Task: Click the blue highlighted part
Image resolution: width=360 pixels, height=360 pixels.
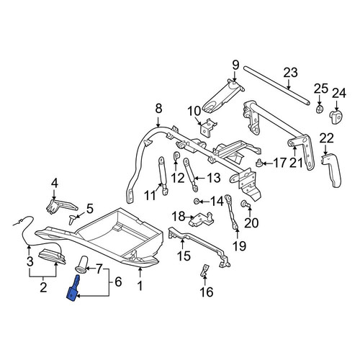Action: pyautogui.click(x=73, y=291)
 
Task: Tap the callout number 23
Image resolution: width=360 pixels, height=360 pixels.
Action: pyautogui.click(x=290, y=73)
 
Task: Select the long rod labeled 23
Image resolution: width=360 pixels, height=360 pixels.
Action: pyautogui.click(x=276, y=85)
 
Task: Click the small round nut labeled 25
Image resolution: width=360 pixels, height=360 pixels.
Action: pyautogui.click(x=320, y=109)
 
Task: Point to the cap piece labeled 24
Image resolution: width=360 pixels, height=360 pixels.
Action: pyautogui.click(x=336, y=117)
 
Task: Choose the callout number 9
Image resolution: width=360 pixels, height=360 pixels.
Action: pyautogui.click(x=235, y=65)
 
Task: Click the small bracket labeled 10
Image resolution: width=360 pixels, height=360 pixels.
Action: pyautogui.click(x=208, y=128)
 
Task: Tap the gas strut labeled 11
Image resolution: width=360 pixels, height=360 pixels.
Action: pyautogui.click(x=163, y=175)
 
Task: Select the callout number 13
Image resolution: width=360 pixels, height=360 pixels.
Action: pyautogui.click(x=213, y=178)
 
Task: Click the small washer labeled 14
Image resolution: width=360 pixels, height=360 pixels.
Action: pyautogui.click(x=197, y=201)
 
